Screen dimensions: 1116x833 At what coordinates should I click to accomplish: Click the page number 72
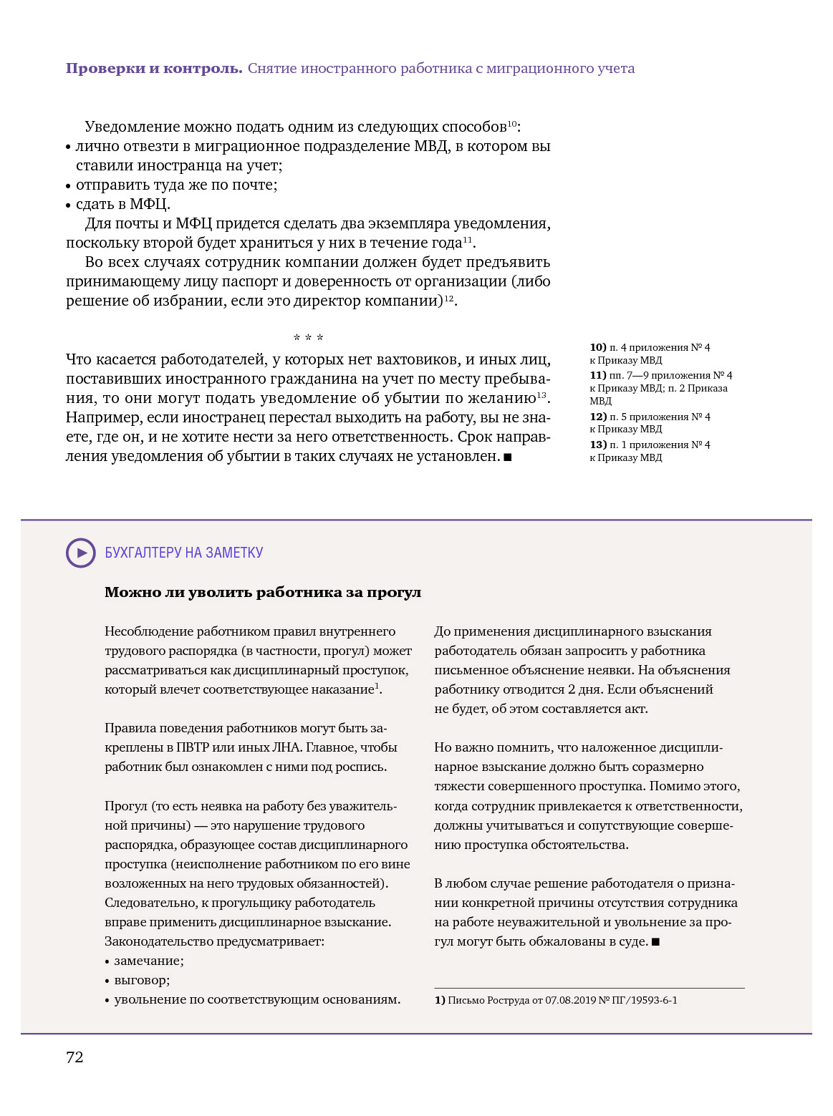coord(74,1057)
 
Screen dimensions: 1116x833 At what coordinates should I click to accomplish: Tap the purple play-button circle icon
coord(81,553)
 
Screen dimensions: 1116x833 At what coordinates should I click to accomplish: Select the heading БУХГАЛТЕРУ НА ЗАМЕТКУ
coord(184,553)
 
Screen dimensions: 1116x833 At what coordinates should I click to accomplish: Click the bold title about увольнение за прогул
coord(263,592)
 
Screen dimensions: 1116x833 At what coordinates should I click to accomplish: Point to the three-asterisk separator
coord(308,338)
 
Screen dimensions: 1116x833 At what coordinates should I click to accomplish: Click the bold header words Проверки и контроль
coord(154,69)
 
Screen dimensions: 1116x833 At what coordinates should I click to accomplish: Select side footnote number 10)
coord(598,347)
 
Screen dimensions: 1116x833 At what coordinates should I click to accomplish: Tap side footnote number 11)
coord(598,375)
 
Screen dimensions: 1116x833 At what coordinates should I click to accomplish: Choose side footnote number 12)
coord(598,417)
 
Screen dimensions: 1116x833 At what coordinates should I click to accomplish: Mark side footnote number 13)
coord(598,445)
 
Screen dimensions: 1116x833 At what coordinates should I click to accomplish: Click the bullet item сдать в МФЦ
coord(122,204)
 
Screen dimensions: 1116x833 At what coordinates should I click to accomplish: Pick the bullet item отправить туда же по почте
coord(176,185)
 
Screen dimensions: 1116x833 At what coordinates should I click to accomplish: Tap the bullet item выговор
coord(142,980)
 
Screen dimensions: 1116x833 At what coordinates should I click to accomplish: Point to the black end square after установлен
coord(508,457)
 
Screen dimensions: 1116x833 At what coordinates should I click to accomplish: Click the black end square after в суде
coord(655,942)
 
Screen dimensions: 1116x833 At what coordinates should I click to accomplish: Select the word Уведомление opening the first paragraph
coord(133,127)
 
